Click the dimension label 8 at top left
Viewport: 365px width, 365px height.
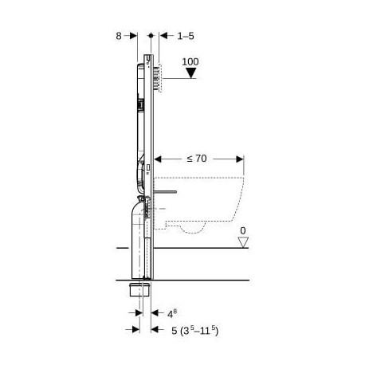119,36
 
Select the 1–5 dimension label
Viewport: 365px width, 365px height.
186,36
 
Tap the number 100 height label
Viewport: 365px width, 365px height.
190,62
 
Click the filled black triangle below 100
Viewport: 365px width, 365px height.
190,73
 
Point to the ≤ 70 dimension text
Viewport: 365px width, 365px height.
197,159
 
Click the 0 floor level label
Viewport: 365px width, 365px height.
243,231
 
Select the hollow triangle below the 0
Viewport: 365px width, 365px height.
243,242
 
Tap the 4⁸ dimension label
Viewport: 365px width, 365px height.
172,314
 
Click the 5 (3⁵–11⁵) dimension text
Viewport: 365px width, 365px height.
194,331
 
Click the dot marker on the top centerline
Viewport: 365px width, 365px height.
151,35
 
